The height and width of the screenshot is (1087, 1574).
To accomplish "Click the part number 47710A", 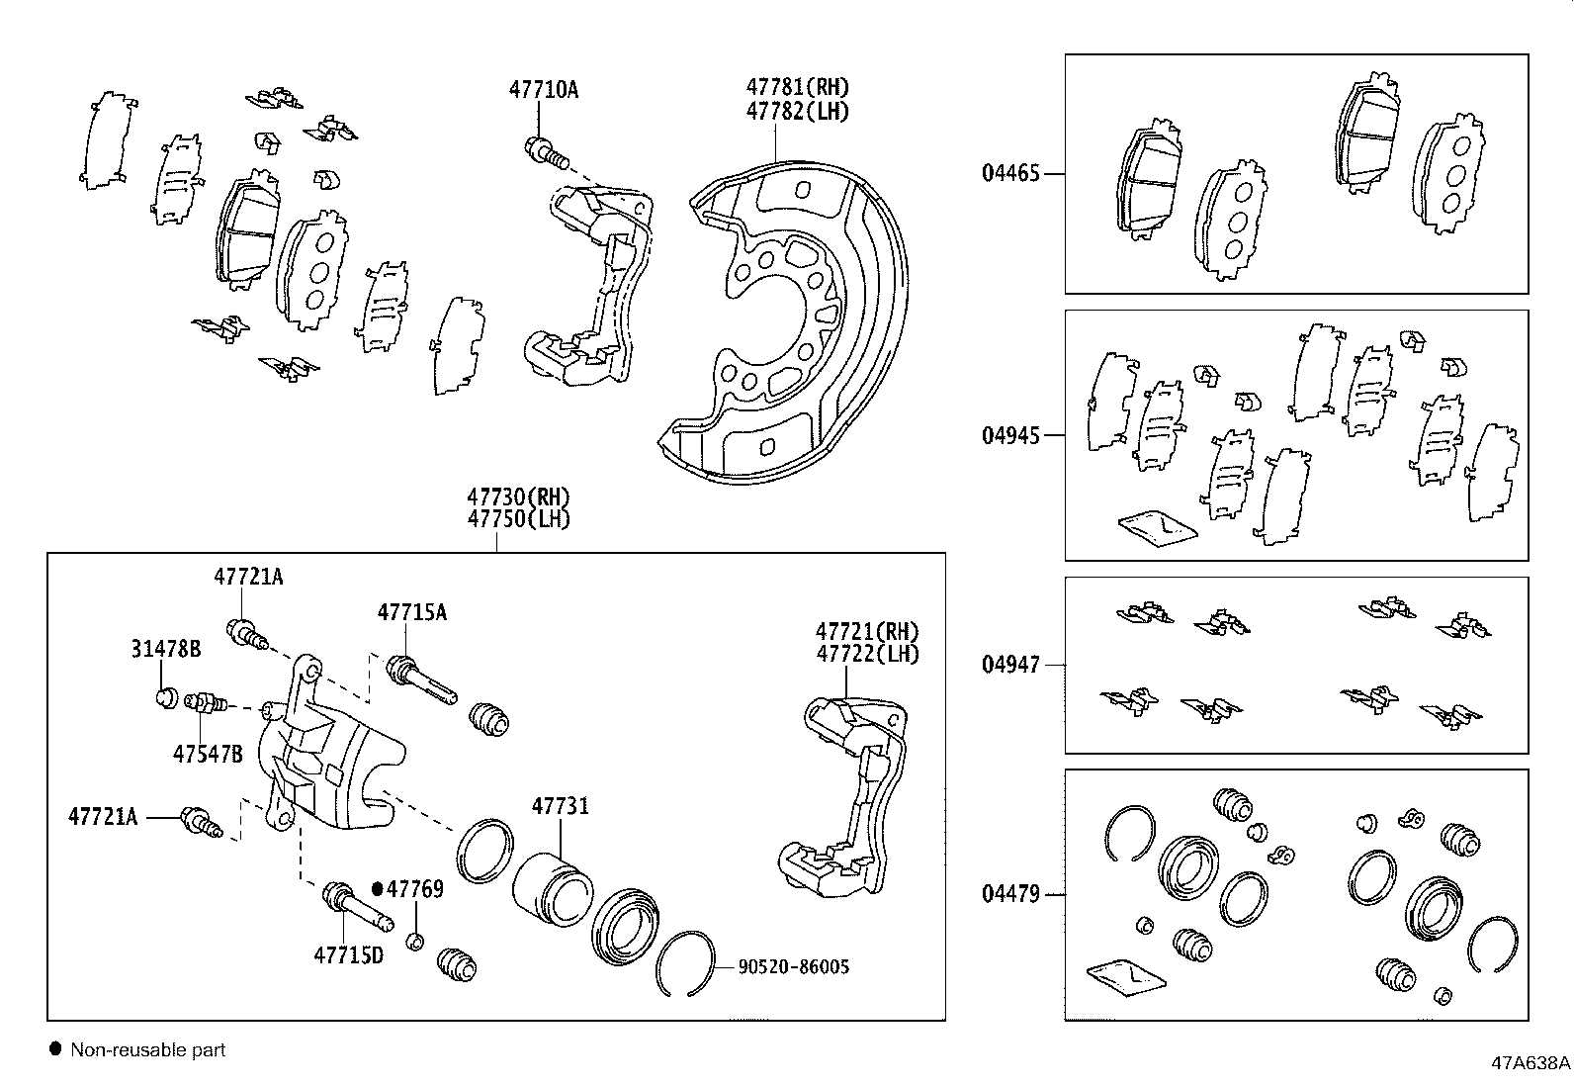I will [543, 90].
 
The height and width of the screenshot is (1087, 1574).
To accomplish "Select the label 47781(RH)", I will [797, 88].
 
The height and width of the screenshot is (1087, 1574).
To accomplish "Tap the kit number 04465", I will [1010, 174].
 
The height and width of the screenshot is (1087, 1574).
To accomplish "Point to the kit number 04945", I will [1010, 436].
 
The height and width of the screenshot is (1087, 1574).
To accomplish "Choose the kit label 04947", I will [1010, 665].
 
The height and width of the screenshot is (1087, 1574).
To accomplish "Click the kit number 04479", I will [1010, 895].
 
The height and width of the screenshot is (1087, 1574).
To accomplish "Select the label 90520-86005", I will [793, 967].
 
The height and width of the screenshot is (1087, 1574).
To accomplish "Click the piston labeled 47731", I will [552, 888].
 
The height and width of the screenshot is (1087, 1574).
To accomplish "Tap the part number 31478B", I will [165, 649].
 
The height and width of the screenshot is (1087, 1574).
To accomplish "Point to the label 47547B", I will [208, 755].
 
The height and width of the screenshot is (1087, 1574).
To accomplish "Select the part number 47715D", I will [348, 955].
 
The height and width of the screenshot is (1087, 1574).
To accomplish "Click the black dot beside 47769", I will [378, 888].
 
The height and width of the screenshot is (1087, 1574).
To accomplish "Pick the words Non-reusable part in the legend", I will [147, 1050].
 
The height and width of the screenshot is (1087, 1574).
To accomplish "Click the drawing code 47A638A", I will [1530, 1064].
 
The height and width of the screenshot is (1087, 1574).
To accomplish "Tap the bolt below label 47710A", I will [545, 152].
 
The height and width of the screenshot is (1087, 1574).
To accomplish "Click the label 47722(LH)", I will [866, 654].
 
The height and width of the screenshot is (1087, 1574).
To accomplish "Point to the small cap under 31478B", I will [166, 697].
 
